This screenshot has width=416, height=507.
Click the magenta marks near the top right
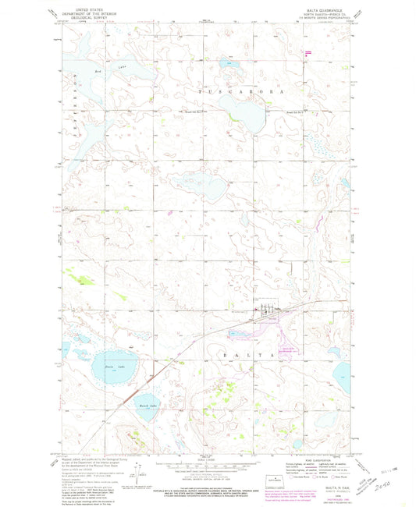click(x=309, y=52)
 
